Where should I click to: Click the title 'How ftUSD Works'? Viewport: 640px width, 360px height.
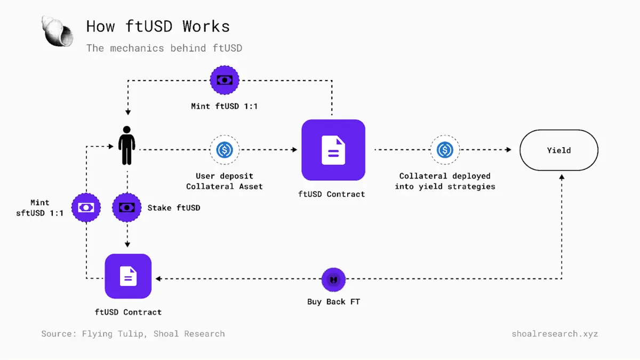tap(158, 26)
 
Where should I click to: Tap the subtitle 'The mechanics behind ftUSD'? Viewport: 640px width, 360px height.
tap(164, 48)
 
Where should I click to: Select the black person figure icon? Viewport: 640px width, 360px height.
tap(127, 145)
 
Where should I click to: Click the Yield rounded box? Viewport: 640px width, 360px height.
tap(559, 150)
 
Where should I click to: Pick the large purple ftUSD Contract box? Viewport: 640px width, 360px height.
tap(333, 150)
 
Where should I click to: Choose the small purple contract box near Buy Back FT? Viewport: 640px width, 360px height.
tap(128, 276)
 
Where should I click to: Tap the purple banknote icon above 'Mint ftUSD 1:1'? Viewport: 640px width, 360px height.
tap(225, 81)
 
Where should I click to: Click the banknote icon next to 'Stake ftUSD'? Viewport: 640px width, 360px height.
tap(127, 207)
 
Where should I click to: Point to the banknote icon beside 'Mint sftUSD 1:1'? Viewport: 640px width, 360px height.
tap(86, 207)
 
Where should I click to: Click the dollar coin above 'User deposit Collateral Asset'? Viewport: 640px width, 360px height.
tap(225, 150)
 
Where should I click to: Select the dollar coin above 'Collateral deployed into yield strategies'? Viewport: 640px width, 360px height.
tap(445, 150)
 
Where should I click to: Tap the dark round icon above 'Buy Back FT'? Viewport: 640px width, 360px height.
tap(334, 279)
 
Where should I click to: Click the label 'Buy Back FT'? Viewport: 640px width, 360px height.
tap(334, 302)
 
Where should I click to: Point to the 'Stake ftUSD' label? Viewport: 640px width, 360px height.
tap(174, 207)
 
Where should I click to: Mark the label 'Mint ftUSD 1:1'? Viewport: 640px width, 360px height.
tap(225, 106)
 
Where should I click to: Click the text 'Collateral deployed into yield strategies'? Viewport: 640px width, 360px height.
tap(445, 181)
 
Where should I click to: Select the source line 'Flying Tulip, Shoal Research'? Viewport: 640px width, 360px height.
tap(133, 334)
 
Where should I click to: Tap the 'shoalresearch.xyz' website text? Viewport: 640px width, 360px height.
tap(555, 334)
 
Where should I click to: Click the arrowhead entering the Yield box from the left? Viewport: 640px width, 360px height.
tap(508, 150)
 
